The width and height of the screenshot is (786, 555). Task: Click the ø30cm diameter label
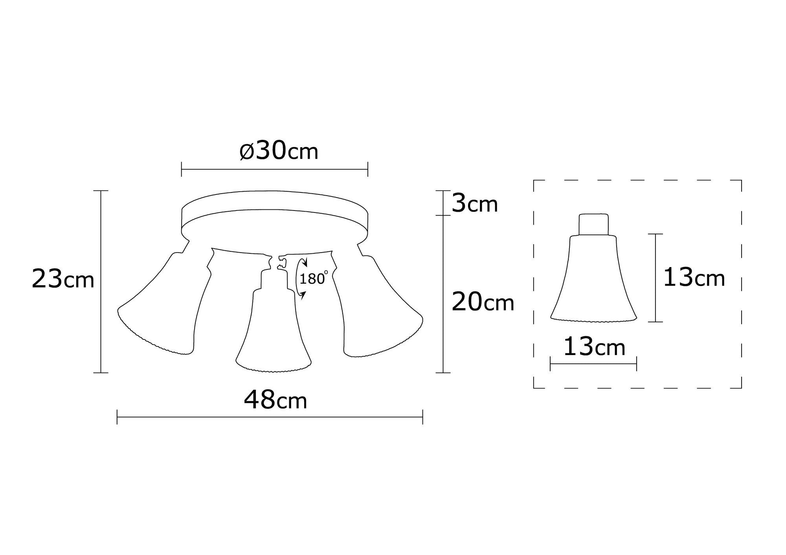[279, 152]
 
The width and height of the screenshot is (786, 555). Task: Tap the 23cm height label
[63, 279]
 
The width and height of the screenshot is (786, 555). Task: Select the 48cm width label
[275, 401]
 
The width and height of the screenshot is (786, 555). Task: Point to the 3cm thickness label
[474, 204]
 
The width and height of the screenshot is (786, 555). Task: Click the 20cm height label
[483, 302]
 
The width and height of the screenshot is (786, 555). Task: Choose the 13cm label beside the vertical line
[694, 278]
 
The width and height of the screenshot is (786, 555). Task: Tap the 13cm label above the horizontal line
[594, 347]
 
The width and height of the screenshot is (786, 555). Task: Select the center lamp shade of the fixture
[273, 334]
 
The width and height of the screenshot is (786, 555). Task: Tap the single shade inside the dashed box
[593, 283]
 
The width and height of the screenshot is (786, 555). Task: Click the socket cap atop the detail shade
[593, 224]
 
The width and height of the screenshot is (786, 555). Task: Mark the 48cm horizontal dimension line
[270, 417]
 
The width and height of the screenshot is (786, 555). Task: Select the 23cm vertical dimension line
[101, 281]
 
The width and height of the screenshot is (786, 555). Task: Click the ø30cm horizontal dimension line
[274, 170]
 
